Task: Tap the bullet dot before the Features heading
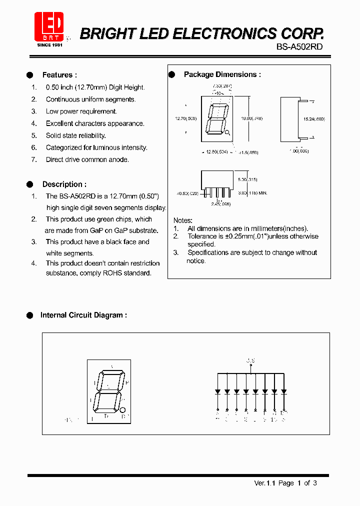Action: click(x=29, y=75)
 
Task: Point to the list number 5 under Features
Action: click(x=34, y=135)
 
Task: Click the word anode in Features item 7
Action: click(x=118, y=159)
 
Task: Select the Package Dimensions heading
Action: click(x=222, y=74)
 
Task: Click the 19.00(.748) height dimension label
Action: click(x=252, y=118)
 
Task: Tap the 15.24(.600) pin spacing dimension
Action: click(x=313, y=119)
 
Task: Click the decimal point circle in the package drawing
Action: click(x=227, y=132)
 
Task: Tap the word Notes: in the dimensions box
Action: click(x=182, y=220)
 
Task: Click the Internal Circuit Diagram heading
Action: click(x=83, y=315)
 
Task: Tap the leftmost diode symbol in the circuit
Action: click(x=217, y=391)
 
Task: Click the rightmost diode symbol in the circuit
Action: click(x=283, y=391)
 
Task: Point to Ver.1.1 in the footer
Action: click(x=264, y=483)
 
